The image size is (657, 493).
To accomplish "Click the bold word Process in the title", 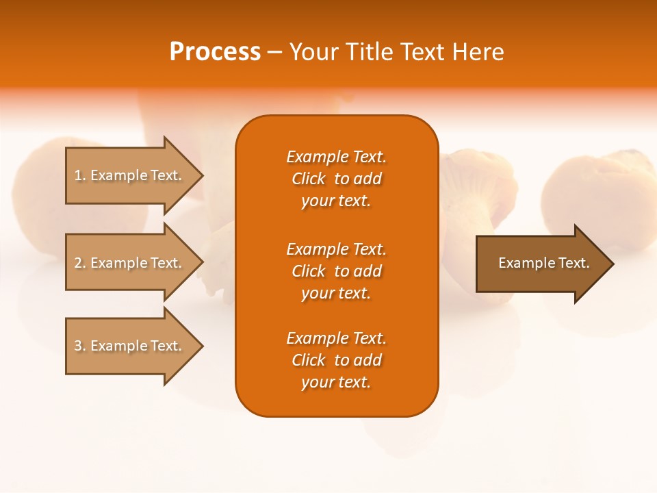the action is [x=215, y=52].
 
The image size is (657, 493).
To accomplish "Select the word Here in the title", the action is [x=478, y=52].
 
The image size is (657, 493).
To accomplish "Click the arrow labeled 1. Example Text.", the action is [x=134, y=176].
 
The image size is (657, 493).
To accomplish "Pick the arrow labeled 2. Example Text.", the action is [x=134, y=262].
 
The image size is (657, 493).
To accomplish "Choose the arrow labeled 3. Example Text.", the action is [x=134, y=346].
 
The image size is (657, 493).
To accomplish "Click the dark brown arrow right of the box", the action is [x=545, y=264].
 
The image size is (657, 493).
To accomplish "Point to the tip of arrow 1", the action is [x=203, y=176].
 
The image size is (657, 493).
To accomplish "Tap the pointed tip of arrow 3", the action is [x=203, y=346].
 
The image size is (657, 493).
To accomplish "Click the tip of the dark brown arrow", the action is [x=614, y=264].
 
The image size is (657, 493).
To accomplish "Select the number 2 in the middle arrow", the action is [x=78, y=263].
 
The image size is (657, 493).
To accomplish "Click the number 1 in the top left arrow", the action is [x=78, y=175].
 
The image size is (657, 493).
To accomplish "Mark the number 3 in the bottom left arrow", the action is [x=78, y=346].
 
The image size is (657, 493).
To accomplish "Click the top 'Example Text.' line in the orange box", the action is [x=337, y=157].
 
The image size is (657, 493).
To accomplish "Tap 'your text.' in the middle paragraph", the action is [x=336, y=293].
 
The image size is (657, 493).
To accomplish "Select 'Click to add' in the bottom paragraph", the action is [x=337, y=360].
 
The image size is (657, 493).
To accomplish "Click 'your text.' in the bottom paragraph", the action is [x=336, y=382].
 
